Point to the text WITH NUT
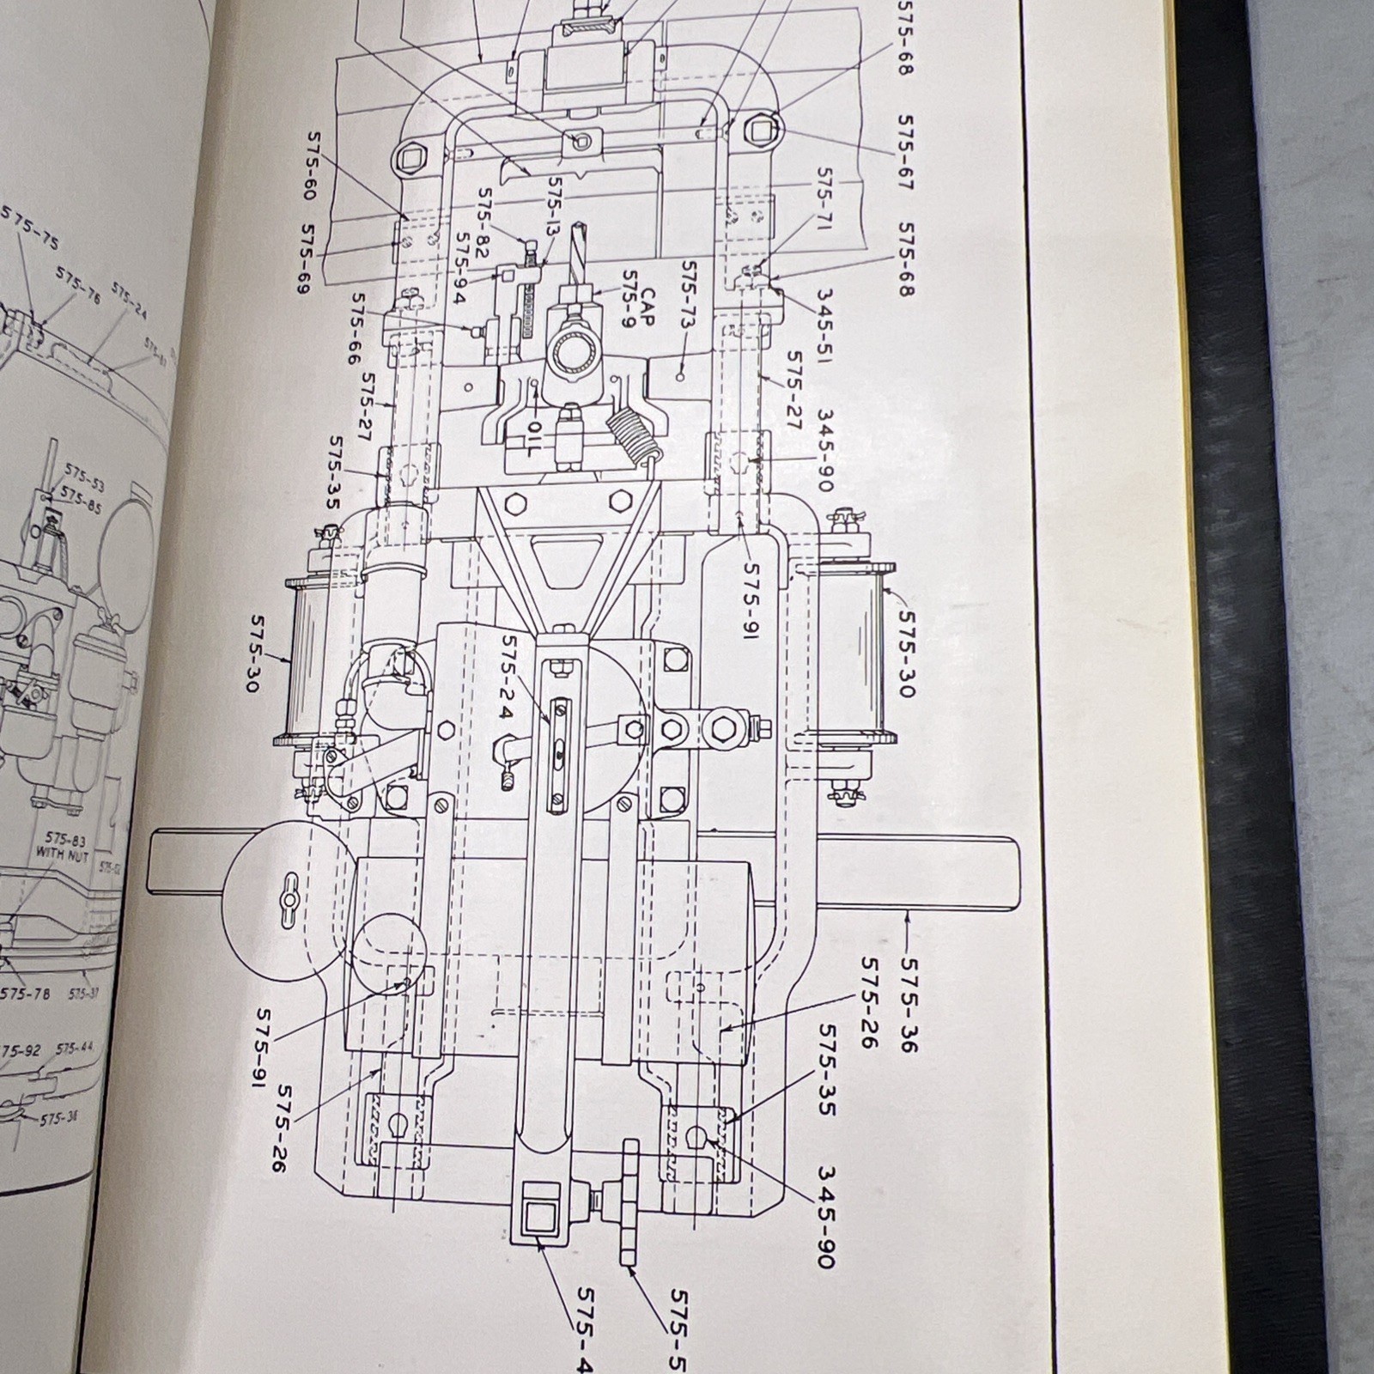[62, 854]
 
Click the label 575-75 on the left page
[31, 228]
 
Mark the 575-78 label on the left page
[25, 994]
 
